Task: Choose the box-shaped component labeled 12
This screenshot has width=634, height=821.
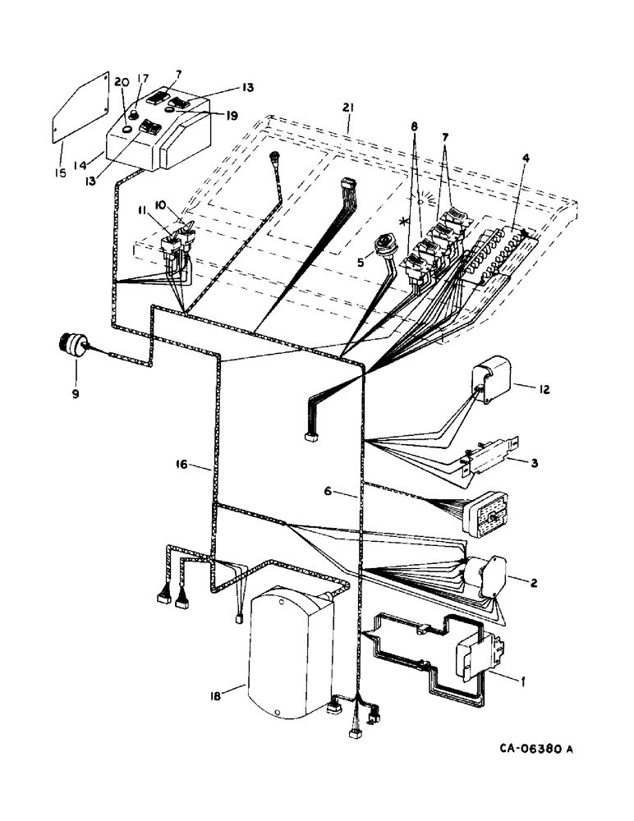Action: (493, 382)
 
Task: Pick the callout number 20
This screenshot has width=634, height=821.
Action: (122, 81)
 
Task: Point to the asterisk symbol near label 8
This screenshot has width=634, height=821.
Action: (403, 222)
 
